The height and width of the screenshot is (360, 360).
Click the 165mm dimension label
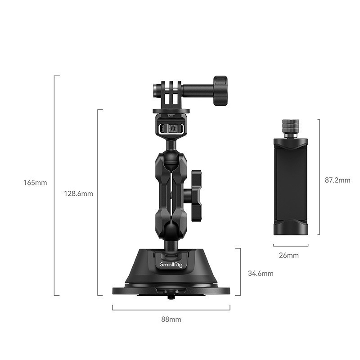pyautogui.click(x=35, y=183)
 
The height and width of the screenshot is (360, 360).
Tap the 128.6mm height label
pyautogui.click(x=78, y=194)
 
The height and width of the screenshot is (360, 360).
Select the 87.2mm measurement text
pyautogui.click(x=337, y=180)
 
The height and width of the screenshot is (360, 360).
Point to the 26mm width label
pyautogui.click(x=288, y=256)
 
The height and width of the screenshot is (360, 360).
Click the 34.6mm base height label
pyautogui.click(x=261, y=273)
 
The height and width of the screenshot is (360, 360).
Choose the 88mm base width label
pyautogui.click(x=171, y=319)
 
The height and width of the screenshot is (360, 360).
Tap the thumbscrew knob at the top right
pyautogui.click(x=220, y=91)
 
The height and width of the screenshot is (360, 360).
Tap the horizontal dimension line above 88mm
pyautogui.click(x=171, y=310)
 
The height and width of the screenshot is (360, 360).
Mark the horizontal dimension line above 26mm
pyautogui.click(x=290, y=246)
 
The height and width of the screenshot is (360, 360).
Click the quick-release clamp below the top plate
pyautogui.click(x=171, y=127)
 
